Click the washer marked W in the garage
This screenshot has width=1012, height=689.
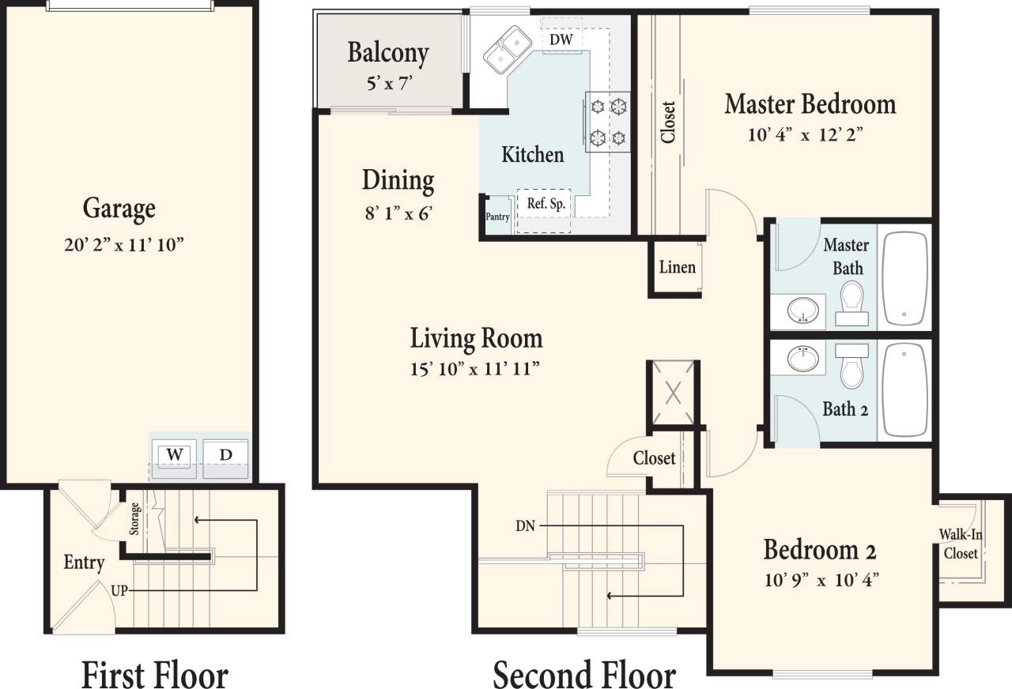[175, 456]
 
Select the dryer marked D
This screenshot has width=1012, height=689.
[226, 456]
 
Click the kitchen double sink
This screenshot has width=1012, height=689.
[508, 49]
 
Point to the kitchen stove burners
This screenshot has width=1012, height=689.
[608, 121]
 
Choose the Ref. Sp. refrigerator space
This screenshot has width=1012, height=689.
[546, 203]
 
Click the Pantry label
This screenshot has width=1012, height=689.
[497, 217]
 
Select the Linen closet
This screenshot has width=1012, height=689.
[677, 267]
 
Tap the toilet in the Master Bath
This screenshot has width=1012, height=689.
[851, 299]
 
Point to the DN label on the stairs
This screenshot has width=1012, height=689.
[526, 525]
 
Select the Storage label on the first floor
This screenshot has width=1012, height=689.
[135, 518]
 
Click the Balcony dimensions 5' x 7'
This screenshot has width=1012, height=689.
[389, 82]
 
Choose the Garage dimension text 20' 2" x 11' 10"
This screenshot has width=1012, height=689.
[123, 245]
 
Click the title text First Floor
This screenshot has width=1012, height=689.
[154, 676]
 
